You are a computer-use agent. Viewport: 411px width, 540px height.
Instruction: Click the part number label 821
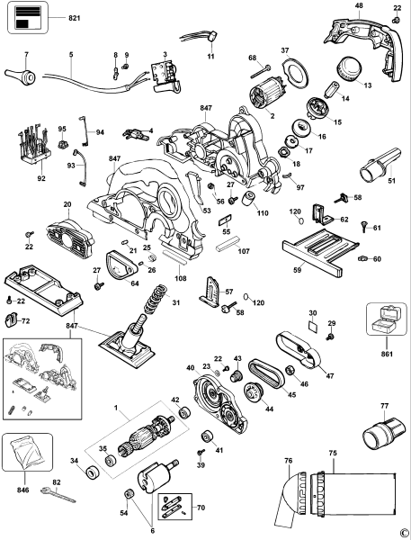[74, 18]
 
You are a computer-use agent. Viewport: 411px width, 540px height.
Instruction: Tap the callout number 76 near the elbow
[289, 462]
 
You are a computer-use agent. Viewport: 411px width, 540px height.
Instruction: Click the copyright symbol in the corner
[404, 533]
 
